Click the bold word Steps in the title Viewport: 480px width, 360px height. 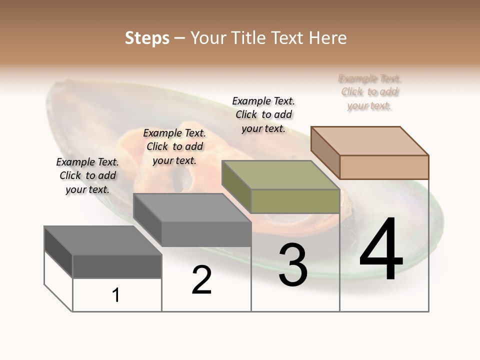click(147, 38)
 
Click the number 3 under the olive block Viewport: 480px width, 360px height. click(292, 265)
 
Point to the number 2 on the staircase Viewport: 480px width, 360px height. click(201, 280)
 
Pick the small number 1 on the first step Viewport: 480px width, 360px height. click(116, 295)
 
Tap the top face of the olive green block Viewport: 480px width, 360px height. click(280, 175)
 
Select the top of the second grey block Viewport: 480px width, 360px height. click(192, 208)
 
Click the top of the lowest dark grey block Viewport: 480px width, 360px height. click(103, 240)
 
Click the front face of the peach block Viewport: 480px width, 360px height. click(384, 167)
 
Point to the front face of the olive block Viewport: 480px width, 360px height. click(295, 201)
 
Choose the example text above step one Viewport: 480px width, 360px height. click(87, 175)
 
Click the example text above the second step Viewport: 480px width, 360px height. click(174, 146)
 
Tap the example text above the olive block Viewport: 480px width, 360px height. click(263, 114)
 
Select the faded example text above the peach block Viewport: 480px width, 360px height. click(370, 92)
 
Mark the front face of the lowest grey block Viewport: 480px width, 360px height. click(117, 266)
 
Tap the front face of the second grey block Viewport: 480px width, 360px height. click(206, 234)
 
